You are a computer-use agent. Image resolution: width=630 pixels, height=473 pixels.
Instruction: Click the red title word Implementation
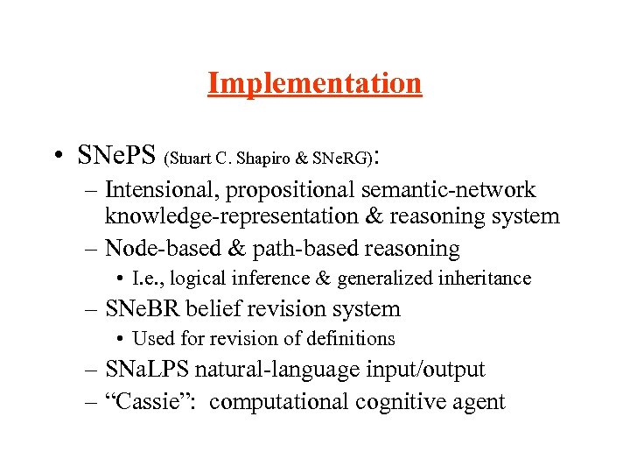(315, 84)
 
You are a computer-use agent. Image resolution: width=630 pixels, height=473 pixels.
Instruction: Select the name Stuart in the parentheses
(188, 159)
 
